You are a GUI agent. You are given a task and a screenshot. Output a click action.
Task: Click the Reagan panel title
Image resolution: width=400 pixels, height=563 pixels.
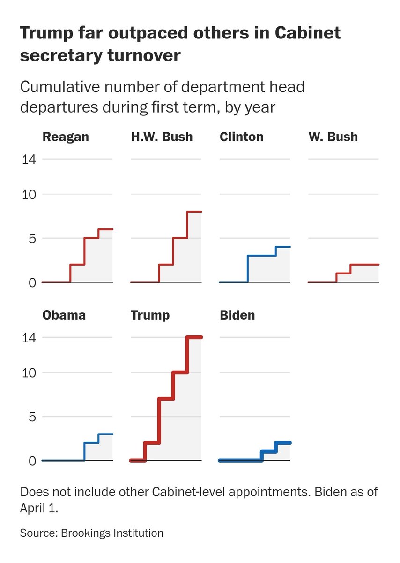[x=66, y=137]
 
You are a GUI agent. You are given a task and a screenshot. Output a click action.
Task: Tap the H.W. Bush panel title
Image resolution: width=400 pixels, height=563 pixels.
[x=162, y=137]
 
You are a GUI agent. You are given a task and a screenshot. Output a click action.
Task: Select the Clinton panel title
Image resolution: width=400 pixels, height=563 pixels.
[x=241, y=137]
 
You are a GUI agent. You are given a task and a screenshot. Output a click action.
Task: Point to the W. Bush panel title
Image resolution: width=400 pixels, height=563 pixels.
[x=333, y=137]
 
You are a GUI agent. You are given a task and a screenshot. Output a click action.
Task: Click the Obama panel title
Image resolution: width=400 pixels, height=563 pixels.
[x=64, y=314]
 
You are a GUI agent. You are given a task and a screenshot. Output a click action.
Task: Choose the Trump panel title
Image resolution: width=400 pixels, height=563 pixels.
[x=150, y=314]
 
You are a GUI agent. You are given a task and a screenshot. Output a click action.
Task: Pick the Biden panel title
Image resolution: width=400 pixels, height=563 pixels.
[x=237, y=314]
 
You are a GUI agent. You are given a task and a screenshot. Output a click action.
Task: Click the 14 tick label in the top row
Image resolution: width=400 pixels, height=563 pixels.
[x=29, y=159]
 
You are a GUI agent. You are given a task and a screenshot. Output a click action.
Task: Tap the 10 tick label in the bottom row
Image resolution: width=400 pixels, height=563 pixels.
[x=29, y=373]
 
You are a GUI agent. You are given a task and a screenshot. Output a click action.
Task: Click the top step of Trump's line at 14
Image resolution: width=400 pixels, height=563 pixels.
[x=194, y=337]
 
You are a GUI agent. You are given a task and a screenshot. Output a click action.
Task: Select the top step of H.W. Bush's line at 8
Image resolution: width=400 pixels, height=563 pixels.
[x=194, y=212]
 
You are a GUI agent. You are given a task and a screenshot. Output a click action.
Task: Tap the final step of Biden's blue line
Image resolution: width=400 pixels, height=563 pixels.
[x=283, y=443]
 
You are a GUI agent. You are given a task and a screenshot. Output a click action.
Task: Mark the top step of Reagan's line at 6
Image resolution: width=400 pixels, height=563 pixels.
[x=106, y=229]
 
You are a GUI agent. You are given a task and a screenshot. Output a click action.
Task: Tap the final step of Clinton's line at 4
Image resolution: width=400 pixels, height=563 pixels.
[x=283, y=247]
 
